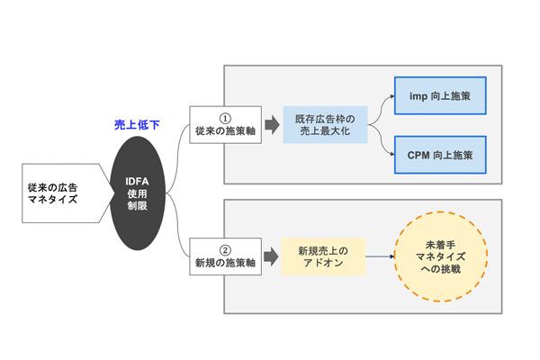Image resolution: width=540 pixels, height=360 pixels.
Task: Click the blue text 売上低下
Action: (137, 125)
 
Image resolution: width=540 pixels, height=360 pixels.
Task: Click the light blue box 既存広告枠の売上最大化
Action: (325, 125)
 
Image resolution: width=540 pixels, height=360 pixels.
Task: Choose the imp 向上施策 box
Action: (440, 95)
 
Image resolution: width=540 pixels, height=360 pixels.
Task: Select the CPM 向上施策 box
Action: (440, 155)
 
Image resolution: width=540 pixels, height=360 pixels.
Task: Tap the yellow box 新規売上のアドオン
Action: (323, 256)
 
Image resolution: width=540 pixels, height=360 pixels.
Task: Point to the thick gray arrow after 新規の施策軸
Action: (272, 256)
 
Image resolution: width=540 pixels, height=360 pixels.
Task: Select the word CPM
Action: (419, 155)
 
